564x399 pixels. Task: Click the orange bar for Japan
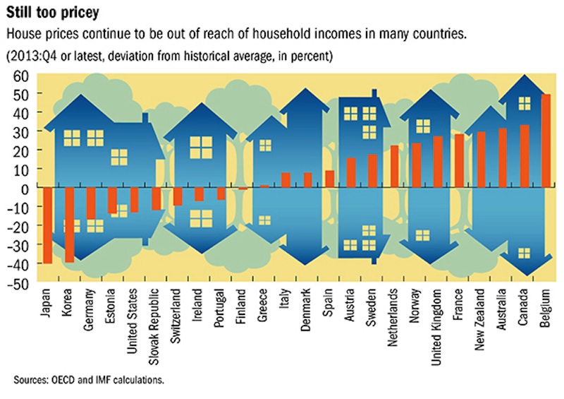pyautogui.click(x=47, y=226)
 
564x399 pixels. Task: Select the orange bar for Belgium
pyautogui.click(x=545, y=141)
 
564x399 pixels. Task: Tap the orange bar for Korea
pyautogui.click(x=69, y=225)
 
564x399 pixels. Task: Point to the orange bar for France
pyautogui.click(x=459, y=161)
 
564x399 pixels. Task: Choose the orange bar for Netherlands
pyautogui.click(x=395, y=167)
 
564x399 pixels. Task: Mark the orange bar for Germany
pyautogui.click(x=91, y=204)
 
